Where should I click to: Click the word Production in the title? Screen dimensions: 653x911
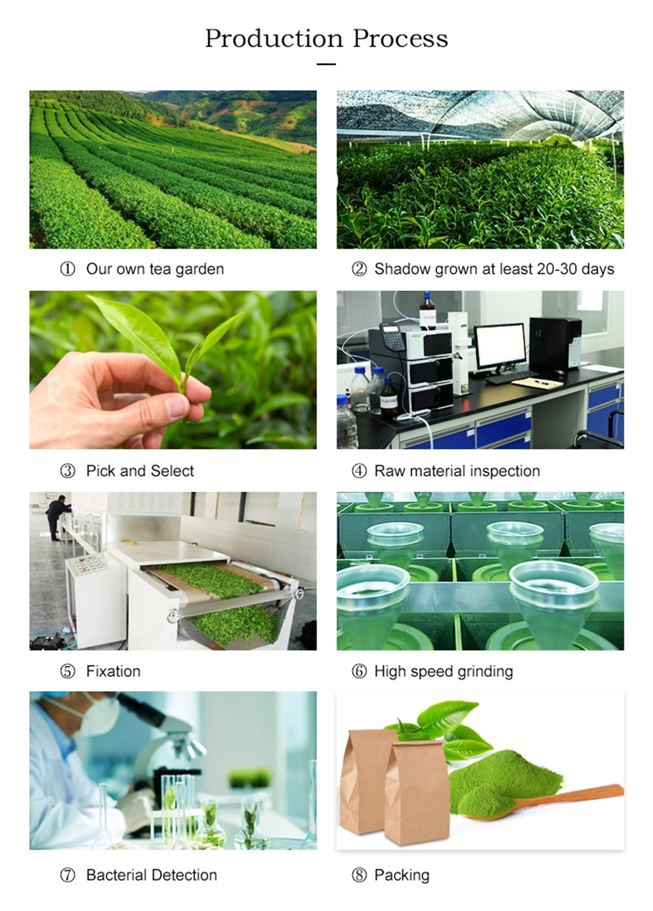[274, 39]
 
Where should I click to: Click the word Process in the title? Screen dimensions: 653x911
[401, 39]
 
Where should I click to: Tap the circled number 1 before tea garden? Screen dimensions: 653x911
[68, 269]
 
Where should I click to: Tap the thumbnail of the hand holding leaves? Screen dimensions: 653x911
[173, 370]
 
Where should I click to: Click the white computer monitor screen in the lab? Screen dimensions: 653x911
[500, 346]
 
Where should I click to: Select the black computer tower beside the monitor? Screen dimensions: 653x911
[555, 345]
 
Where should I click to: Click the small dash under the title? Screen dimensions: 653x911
[326, 64]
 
